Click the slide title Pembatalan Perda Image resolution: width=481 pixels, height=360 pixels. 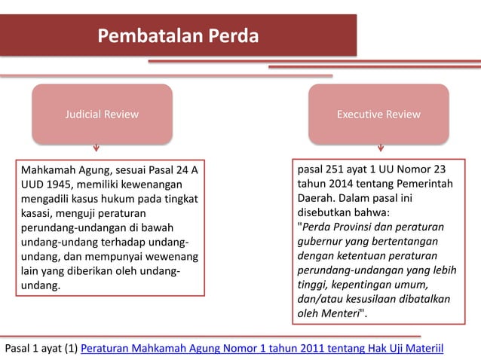pos(177,36)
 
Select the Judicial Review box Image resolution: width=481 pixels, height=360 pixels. pos(101,114)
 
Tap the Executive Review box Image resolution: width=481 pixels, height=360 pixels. pos(378,114)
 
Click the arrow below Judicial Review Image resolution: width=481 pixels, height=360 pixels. pos(96,148)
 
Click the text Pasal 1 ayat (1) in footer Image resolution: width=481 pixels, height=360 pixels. pos(41,349)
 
